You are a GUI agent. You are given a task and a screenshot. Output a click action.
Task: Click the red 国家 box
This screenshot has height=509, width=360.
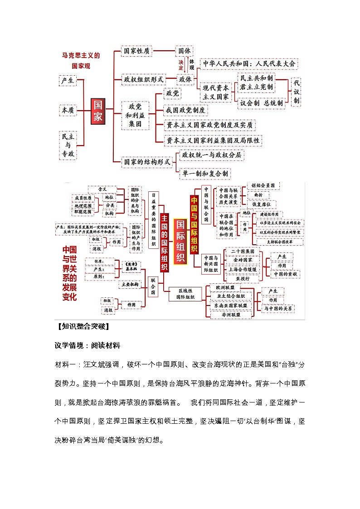tap(98, 111)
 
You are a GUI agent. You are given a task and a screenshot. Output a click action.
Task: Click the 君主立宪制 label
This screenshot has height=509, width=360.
tap(257, 87)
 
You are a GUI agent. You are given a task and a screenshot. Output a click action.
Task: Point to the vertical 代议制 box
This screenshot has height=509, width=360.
tap(296, 92)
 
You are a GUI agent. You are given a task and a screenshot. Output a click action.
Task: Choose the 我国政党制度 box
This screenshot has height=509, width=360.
tap(186, 110)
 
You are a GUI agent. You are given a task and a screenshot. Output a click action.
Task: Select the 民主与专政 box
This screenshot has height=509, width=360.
tap(68, 145)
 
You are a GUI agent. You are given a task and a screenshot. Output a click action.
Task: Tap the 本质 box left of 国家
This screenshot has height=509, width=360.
tap(68, 110)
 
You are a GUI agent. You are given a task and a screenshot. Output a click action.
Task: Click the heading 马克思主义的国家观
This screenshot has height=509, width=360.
tap(81, 61)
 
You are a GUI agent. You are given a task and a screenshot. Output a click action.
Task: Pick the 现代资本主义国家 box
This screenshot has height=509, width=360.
tap(216, 92)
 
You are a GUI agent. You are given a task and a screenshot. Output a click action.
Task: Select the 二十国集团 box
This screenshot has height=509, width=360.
tap(245, 251)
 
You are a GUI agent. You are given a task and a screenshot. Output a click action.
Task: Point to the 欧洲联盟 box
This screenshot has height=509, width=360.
tap(225, 287)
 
